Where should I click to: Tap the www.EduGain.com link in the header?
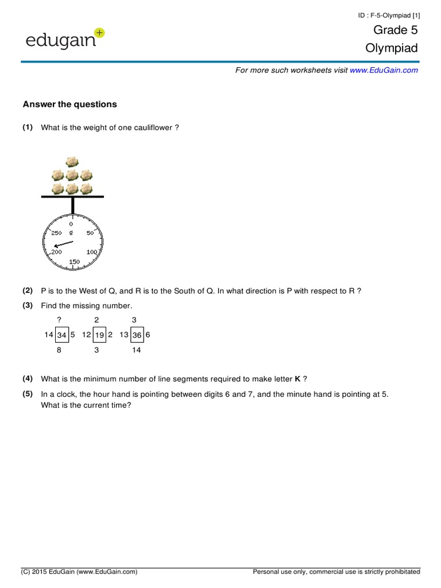point(384,70)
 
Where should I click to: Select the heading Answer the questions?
point(69,104)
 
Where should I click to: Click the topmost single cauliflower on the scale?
point(72,162)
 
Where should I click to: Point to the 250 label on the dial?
point(56,233)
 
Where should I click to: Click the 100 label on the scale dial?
point(92,252)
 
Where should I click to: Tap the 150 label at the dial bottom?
point(75,262)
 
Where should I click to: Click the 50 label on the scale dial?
point(90,233)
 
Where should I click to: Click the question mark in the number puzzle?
point(59,319)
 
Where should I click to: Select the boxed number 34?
point(62,335)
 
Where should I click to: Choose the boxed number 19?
point(99,335)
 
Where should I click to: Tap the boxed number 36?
point(137,335)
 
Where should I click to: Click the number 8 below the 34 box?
point(59,350)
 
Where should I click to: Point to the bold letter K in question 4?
point(297,379)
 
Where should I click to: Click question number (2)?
point(28,291)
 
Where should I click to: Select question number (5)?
point(28,394)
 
